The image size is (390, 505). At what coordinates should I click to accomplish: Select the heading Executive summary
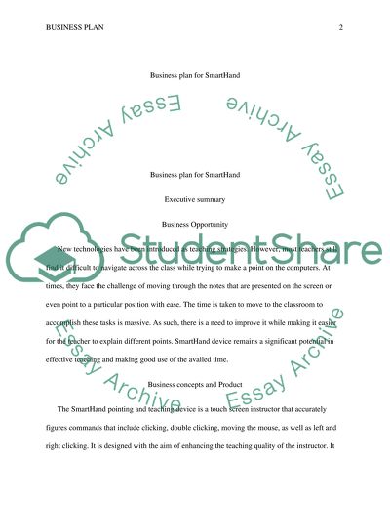pyautogui.click(x=195, y=199)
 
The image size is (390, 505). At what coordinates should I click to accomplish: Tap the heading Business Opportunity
pyautogui.click(x=195, y=223)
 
